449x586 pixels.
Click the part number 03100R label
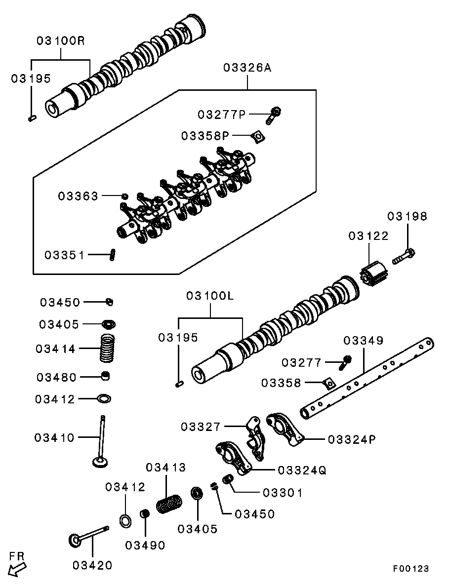click(x=60, y=41)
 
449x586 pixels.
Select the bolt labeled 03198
click(x=404, y=256)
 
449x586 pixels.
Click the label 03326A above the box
click(x=247, y=68)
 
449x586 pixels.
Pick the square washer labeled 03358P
click(x=257, y=136)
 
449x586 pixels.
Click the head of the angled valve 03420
click(x=76, y=539)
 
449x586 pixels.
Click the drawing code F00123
click(x=410, y=569)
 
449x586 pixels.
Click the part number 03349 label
click(x=363, y=341)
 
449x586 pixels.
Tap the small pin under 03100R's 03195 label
click(x=32, y=117)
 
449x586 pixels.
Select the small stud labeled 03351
click(x=112, y=255)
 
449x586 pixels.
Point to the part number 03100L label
click(x=209, y=296)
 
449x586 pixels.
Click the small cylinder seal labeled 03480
click(x=105, y=377)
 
